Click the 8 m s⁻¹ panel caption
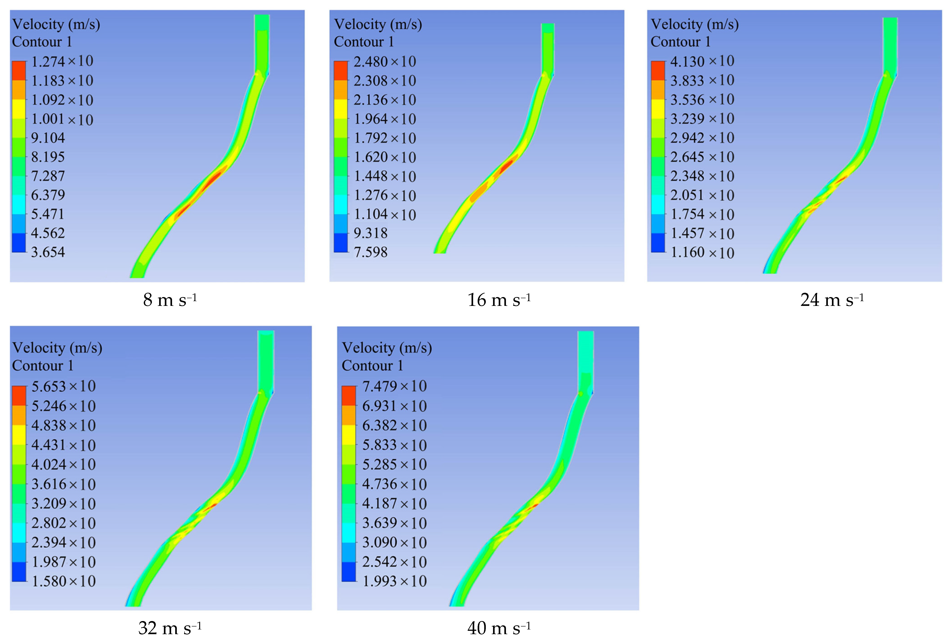[x=170, y=300]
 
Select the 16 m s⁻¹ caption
[x=499, y=300]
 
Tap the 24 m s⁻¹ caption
[x=832, y=300]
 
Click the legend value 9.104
[x=48, y=138]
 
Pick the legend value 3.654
[x=48, y=252]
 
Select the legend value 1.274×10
[x=62, y=61]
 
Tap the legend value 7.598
[x=370, y=252]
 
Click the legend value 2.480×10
[x=385, y=62]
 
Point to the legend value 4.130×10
[x=702, y=61]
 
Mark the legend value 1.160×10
[x=702, y=252]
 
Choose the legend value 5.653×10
[x=63, y=386]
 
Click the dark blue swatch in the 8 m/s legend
[x=19, y=243]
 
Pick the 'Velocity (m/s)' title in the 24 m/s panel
[x=695, y=24]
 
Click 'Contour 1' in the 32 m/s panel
[x=43, y=365]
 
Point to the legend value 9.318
[x=370, y=233]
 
